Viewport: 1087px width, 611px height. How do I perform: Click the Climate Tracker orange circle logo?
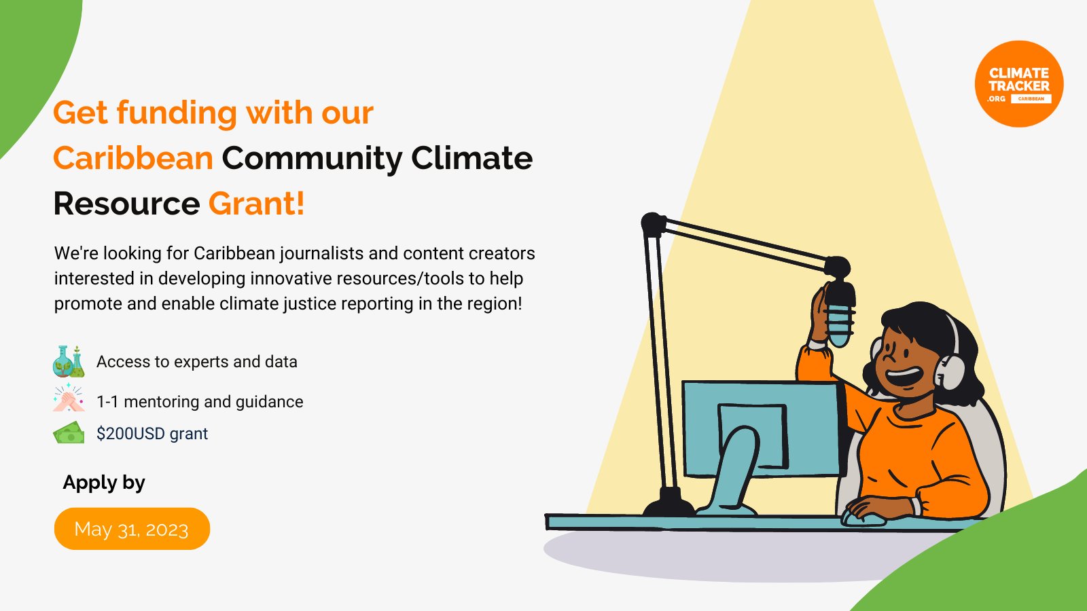click(1018, 84)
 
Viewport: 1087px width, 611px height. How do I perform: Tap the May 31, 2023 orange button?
click(132, 529)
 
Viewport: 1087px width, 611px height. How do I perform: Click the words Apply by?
click(104, 483)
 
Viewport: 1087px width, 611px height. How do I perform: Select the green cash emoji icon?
click(69, 433)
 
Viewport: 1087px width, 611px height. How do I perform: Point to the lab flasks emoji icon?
click(69, 361)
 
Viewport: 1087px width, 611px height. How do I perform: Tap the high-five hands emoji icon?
click(69, 399)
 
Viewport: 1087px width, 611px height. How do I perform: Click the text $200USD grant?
click(152, 434)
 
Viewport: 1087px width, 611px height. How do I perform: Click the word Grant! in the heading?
click(256, 204)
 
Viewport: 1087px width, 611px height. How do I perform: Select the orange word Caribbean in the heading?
click(133, 158)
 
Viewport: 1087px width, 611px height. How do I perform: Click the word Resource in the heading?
click(126, 204)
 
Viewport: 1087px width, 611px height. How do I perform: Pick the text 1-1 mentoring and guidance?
click(200, 402)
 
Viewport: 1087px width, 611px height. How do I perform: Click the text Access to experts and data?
click(197, 362)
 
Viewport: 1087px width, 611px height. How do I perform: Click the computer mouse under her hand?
click(863, 519)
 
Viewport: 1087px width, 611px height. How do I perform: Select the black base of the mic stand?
click(669, 504)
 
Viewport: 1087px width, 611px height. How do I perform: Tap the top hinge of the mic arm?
click(653, 223)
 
